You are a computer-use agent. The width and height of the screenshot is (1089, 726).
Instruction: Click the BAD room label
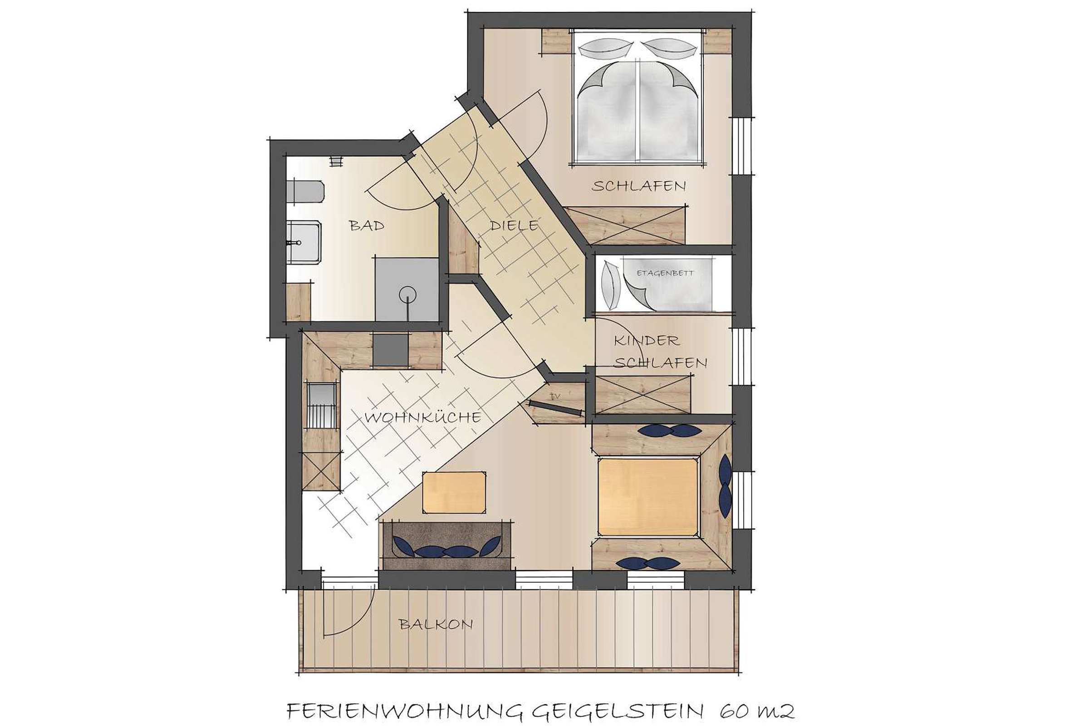coord(367,226)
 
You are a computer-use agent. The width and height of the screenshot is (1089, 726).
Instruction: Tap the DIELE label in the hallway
coord(514,226)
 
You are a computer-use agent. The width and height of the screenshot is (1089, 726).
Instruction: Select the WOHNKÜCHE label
coord(423,417)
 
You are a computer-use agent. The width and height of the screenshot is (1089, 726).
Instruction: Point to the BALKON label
coord(436,624)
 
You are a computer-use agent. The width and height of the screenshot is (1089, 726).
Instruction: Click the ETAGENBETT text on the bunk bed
coord(665,273)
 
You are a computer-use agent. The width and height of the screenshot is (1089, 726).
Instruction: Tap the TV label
coord(554,396)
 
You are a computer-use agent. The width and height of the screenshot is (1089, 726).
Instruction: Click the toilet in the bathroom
coord(304,191)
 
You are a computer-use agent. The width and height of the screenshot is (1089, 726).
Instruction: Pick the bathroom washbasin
coord(304,242)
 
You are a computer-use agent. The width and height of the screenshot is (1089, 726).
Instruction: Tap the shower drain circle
coord(407,294)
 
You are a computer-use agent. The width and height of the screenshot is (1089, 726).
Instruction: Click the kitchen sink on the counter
coord(320,406)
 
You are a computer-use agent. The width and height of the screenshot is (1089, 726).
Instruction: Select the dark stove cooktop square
coord(390,349)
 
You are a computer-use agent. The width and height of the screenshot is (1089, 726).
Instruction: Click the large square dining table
coord(648,497)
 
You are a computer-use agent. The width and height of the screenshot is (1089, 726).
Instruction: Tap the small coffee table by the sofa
coord(454,493)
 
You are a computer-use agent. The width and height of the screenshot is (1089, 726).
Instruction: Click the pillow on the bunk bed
coord(609,286)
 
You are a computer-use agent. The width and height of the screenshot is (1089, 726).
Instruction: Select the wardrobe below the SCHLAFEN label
coord(626,225)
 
